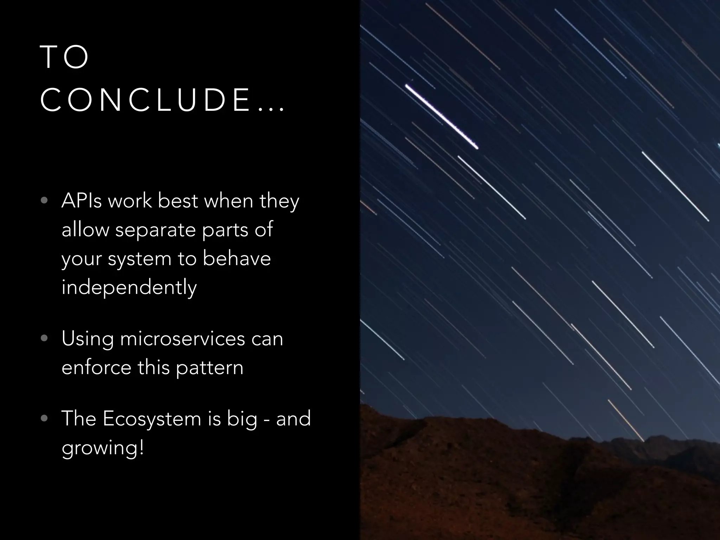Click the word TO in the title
(65, 57)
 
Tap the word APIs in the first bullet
(82, 201)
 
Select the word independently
(129, 288)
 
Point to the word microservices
(182, 339)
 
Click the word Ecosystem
(152, 419)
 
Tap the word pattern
(210, 368)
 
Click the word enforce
(96, 368)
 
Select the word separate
(155, 230)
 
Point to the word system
(139, 259)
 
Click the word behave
(237, 259)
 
